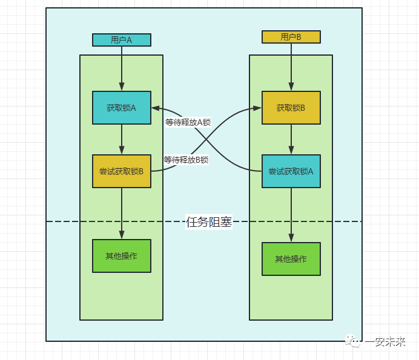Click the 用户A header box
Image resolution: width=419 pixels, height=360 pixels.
pos(121,40)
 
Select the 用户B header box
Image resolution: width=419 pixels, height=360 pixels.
pos(291,37)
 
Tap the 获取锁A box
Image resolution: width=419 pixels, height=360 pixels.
pos(121,108)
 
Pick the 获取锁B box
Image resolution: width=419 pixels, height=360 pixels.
pos(291,108)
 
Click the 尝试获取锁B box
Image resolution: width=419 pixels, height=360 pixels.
pos(121,171)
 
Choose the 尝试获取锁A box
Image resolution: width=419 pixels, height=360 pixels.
pos(291,171)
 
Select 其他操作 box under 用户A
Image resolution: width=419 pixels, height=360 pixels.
pos(121,256)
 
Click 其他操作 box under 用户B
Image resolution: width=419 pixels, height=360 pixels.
pos(291,259)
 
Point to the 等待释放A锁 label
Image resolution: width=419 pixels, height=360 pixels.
pos(188,122)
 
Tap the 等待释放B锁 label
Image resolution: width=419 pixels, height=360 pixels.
pos(186,160)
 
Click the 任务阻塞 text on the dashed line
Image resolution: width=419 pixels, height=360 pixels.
pos(209,222)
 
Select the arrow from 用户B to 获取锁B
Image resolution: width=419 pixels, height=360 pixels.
pos(291,67)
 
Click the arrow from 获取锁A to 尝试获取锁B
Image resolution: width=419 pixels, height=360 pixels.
pos(122,139)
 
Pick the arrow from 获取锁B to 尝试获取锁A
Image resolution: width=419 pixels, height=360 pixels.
pos(291,139)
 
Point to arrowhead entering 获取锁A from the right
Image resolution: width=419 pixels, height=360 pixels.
pos(155,108)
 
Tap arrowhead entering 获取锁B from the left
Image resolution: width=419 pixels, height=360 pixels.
pos(257,108)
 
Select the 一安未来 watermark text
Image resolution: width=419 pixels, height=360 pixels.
pos(384,342)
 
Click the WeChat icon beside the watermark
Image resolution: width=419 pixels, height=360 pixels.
pos(354,342)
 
